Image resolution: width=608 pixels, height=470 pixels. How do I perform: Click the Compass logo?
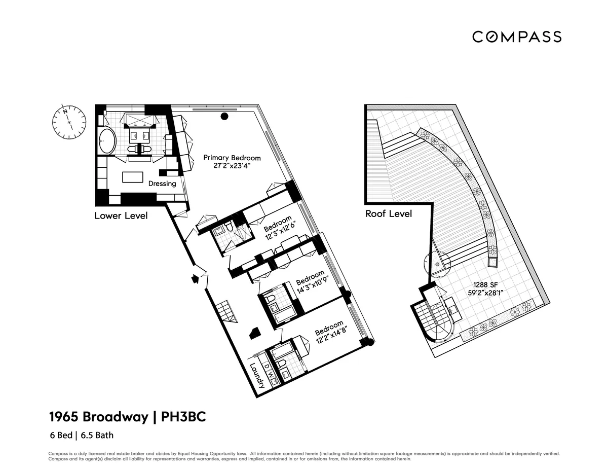[517, 37]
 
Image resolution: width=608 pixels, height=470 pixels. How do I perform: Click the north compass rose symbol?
[68, 121]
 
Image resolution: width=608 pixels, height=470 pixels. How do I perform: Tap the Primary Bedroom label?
[232, 158]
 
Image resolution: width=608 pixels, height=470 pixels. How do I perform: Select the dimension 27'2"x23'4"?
[232, 166]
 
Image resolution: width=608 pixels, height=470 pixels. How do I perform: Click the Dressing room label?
[162, 184]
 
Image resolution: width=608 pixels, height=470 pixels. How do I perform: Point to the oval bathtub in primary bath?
[106, 140]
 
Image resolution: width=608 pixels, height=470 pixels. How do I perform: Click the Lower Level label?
[121, 216]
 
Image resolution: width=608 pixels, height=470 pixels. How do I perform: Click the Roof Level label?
[389, 214]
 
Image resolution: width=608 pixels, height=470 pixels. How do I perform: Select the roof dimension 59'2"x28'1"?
[489, 292]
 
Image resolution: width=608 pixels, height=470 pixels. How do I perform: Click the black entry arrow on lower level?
[194, 279]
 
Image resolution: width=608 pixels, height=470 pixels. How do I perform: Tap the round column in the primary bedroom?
[223, 117]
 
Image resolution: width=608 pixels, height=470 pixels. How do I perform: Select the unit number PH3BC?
[184, 417]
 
